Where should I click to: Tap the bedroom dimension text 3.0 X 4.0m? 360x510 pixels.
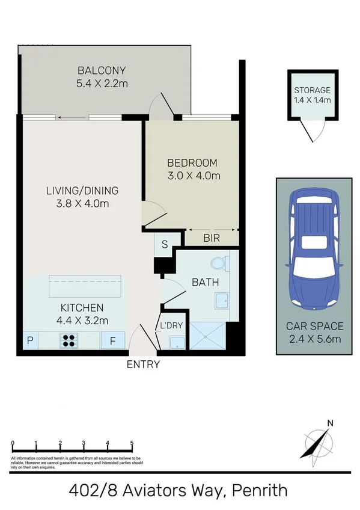pyautogui.click(x=194, y=176)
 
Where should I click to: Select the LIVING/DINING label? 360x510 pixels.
pyautogui.click(x=82, y=191)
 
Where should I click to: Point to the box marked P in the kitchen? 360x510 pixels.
pyautogui.click(x=30, y=341)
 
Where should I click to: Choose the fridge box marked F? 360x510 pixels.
pyautogui.click(x=113, y=341)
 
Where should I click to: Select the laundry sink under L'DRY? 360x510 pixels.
pyautogui.click(x=177, y=342)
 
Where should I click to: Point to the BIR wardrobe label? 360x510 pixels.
pyautogui.click(x=211, y=239)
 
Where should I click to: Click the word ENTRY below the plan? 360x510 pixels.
pyautogui.click(x=143, y=364)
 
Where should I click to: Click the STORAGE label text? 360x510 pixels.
pyautogui.click(x=312, y=91)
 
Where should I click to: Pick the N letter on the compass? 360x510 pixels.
pyautogui.click(x=329, y=423)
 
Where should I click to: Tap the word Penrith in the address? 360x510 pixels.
pyautogui.click(x=260, y=490)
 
